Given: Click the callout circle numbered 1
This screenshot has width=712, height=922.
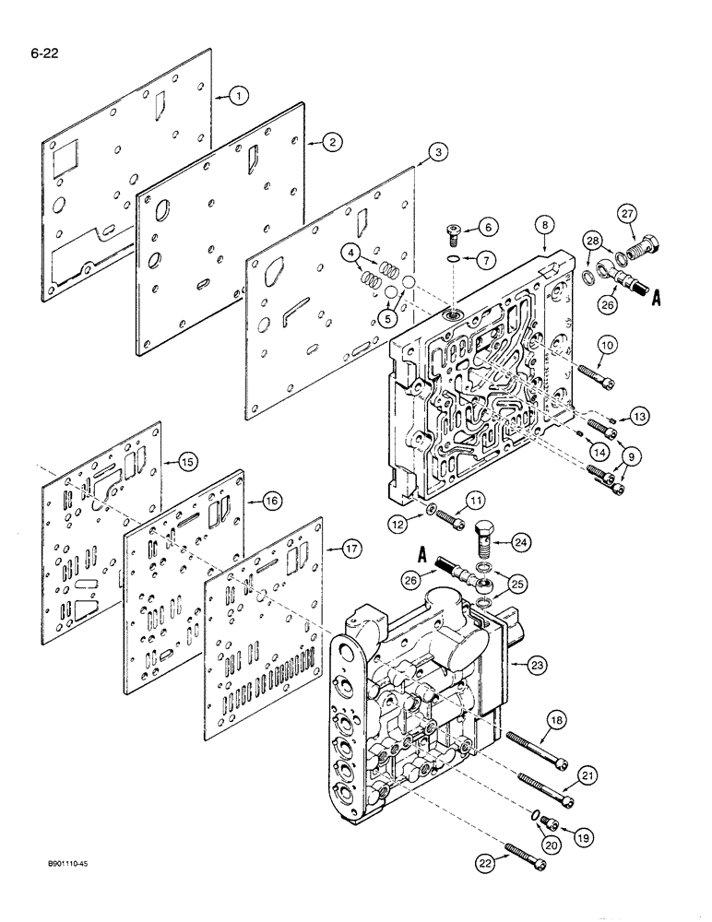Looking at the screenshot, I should pyautogui.click(x=238, y=94).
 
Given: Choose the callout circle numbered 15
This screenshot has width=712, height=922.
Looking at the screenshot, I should pyautogui.click(x=188, y=458).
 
